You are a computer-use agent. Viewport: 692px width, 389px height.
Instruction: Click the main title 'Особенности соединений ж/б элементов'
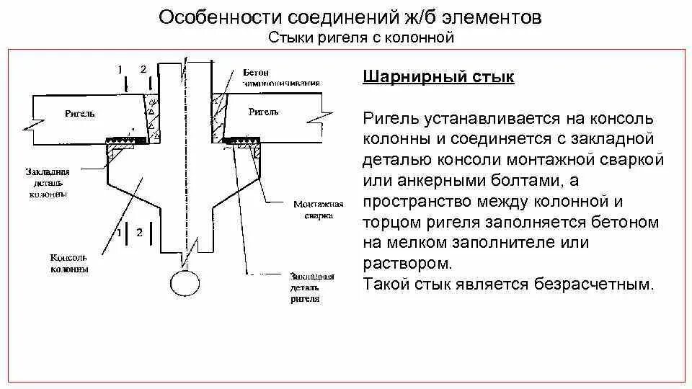tap(350, 17)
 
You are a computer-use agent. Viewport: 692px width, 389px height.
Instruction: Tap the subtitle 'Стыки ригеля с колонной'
tap(360, 37)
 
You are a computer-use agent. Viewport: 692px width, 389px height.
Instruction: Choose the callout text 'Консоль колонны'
tap(69, 263)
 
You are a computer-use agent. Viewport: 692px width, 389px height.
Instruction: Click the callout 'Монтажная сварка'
tap(313, 209)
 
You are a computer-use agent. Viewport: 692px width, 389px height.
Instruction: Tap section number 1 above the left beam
tap(120, 69)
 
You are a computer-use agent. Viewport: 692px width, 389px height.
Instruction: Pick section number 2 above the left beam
tap(143, 69)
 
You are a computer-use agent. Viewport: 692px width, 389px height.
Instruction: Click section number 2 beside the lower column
tap(139, 232)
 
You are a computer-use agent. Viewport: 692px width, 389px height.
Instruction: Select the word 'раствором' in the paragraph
tap(410, 262)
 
